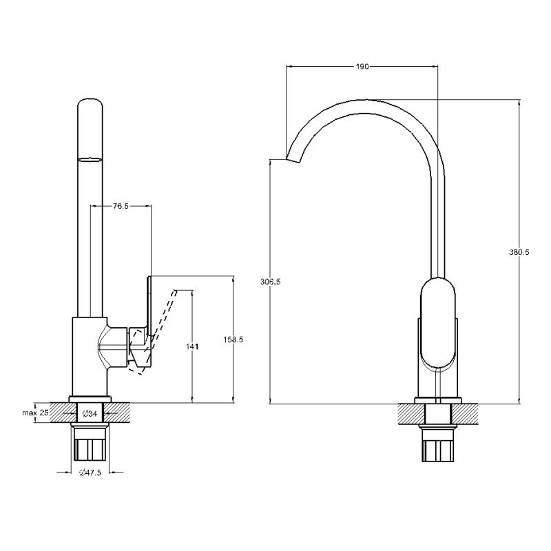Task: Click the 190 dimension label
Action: [362, 66]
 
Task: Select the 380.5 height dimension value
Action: [519, 252]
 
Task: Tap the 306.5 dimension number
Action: [270, 282]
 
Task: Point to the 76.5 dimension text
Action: [121, 206]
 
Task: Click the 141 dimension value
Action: [192, 346]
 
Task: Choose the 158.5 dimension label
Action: [233, 340]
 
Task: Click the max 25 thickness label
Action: [36, 413]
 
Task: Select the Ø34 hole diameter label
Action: [89, 414]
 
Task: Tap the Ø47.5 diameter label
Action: [90, 472]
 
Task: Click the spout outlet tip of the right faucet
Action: [293, 160]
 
